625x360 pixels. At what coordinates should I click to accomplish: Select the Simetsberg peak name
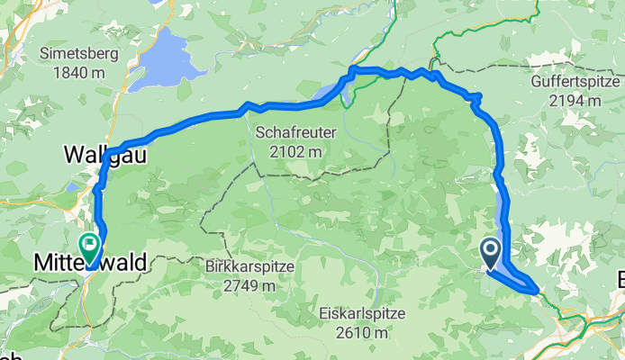[78, 54]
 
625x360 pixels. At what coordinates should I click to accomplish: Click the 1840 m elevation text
[78, 72]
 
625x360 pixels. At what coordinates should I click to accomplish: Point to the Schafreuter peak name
[295, 132]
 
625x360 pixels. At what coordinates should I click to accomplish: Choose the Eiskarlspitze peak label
[362, 314]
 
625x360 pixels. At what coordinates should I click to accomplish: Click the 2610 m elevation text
[362, 333]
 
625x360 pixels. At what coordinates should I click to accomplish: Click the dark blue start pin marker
[492, 253]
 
